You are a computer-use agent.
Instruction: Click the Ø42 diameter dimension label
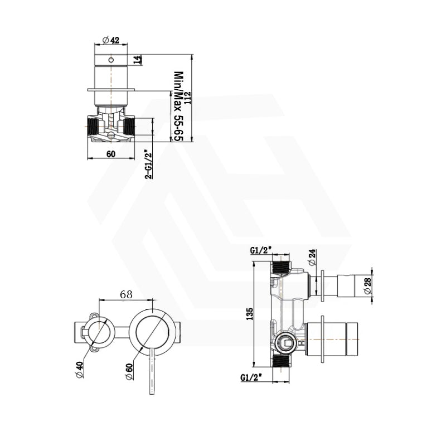[x=111, y=40]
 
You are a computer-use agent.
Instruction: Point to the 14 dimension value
[x=138, y=59]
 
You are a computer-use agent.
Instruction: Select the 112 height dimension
[x=188, y=98]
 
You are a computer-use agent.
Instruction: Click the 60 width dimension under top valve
[x=111, y=153]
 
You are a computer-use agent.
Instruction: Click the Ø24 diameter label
[x=312, y=258]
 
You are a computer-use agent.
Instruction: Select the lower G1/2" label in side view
[x=252, y=377]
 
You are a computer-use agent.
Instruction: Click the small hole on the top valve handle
[x=111, y=59]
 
